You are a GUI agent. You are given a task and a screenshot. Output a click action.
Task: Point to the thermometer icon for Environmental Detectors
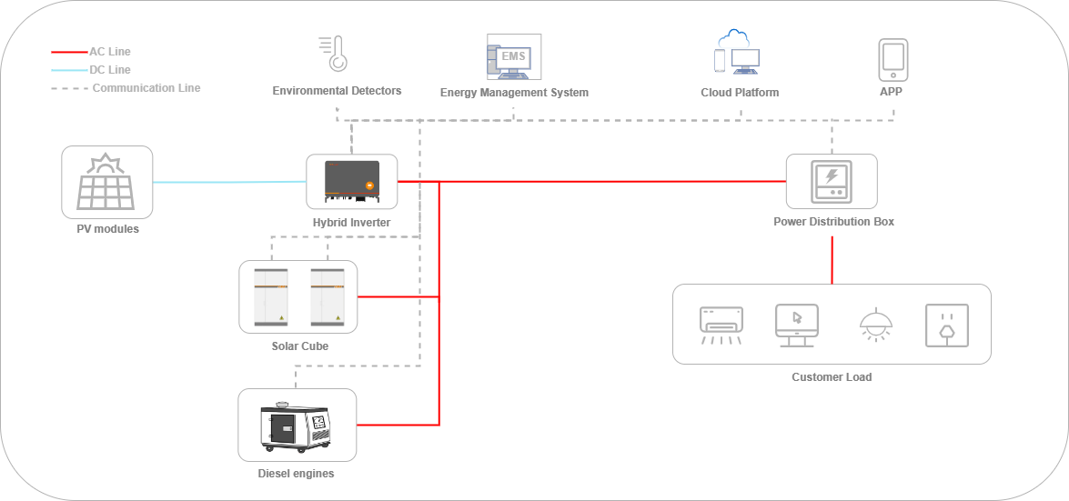[x=336, y=54]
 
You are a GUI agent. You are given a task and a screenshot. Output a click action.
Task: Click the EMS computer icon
[x=514, y=57]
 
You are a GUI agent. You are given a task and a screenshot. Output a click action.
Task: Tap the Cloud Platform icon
[x=738, y=52]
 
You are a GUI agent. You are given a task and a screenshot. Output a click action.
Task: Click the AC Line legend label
[x=110, y=52]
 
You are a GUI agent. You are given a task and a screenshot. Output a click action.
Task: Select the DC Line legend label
[x=110, y=70]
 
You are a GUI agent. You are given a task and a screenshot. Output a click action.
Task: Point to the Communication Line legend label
[x=146, y=88]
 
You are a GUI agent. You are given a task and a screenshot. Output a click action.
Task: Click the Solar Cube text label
[x=299, y=346]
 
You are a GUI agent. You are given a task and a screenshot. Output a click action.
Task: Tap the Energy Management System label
[x=514, y=93]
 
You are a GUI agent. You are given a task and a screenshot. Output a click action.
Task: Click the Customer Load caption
[x=832, y=377]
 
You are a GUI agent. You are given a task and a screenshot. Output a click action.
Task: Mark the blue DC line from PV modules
[x=227, y=182]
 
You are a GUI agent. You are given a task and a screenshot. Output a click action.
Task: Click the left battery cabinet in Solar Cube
[x=270, y=296]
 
